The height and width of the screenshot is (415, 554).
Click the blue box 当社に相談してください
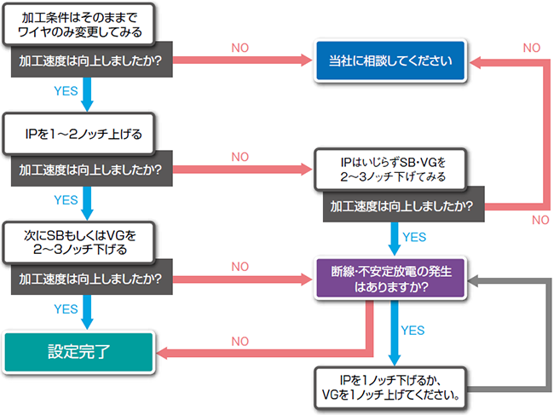point(390,61)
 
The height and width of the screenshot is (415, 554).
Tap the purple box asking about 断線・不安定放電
point(390,279)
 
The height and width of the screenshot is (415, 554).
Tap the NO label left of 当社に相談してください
point(241,46)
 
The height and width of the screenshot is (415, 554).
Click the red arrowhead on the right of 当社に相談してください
point(476,61)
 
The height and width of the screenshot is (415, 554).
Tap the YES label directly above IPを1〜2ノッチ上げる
point(66,91)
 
